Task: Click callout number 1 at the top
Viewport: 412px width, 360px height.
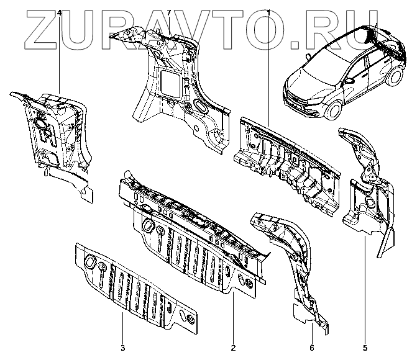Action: click(x=268, y=12)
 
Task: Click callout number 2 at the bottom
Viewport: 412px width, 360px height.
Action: click(x=232, y=348)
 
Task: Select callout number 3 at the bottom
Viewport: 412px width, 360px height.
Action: click(x=122, y=348)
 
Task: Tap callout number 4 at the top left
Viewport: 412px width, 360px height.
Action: click(x=59, y=12)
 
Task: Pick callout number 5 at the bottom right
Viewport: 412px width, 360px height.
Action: click(x=365, y=348)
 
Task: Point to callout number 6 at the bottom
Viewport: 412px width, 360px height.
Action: click(x=311, y=348)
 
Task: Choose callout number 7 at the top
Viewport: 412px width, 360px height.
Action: click(x=169, y=12)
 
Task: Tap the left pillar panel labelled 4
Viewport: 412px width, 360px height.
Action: click(x=56, y=137)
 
